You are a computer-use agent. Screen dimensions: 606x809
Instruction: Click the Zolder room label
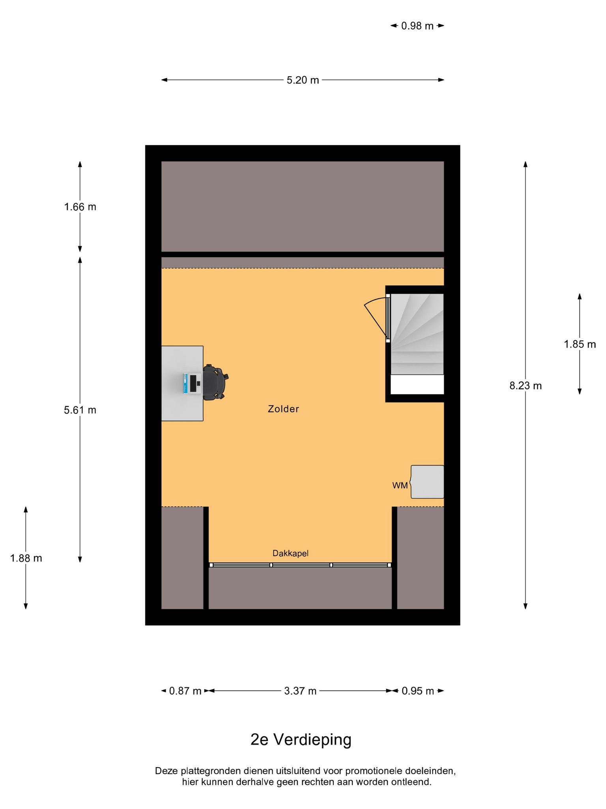coord(283,409)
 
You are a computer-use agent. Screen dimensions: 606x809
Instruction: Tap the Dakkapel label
coord(290,553)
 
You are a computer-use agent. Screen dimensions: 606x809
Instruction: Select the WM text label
coord(400,486)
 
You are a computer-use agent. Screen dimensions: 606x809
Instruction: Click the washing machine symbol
coord(427,482)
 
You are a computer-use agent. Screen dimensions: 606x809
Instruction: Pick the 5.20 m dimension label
coord(303,80)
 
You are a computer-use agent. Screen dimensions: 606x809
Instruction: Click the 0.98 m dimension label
coord(417,26)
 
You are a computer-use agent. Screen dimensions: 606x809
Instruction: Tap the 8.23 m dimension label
coord(526,386)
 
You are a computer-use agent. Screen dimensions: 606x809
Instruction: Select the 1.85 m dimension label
coord(580,344)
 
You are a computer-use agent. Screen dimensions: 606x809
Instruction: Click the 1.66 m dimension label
coord(80,207)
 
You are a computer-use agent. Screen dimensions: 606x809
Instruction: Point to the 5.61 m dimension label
coord(80,410)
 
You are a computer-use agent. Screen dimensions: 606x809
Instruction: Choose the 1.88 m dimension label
coord(26,558)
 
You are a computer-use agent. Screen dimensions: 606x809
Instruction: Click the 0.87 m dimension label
coord(185,691)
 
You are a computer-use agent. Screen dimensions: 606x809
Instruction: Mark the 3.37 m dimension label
coord(300,691)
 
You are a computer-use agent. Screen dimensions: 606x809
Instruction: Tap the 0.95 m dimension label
coord(418,691)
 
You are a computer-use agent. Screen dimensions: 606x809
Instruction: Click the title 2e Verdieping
coord(301,739)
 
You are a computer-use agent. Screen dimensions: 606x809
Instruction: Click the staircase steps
coord(417,334)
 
